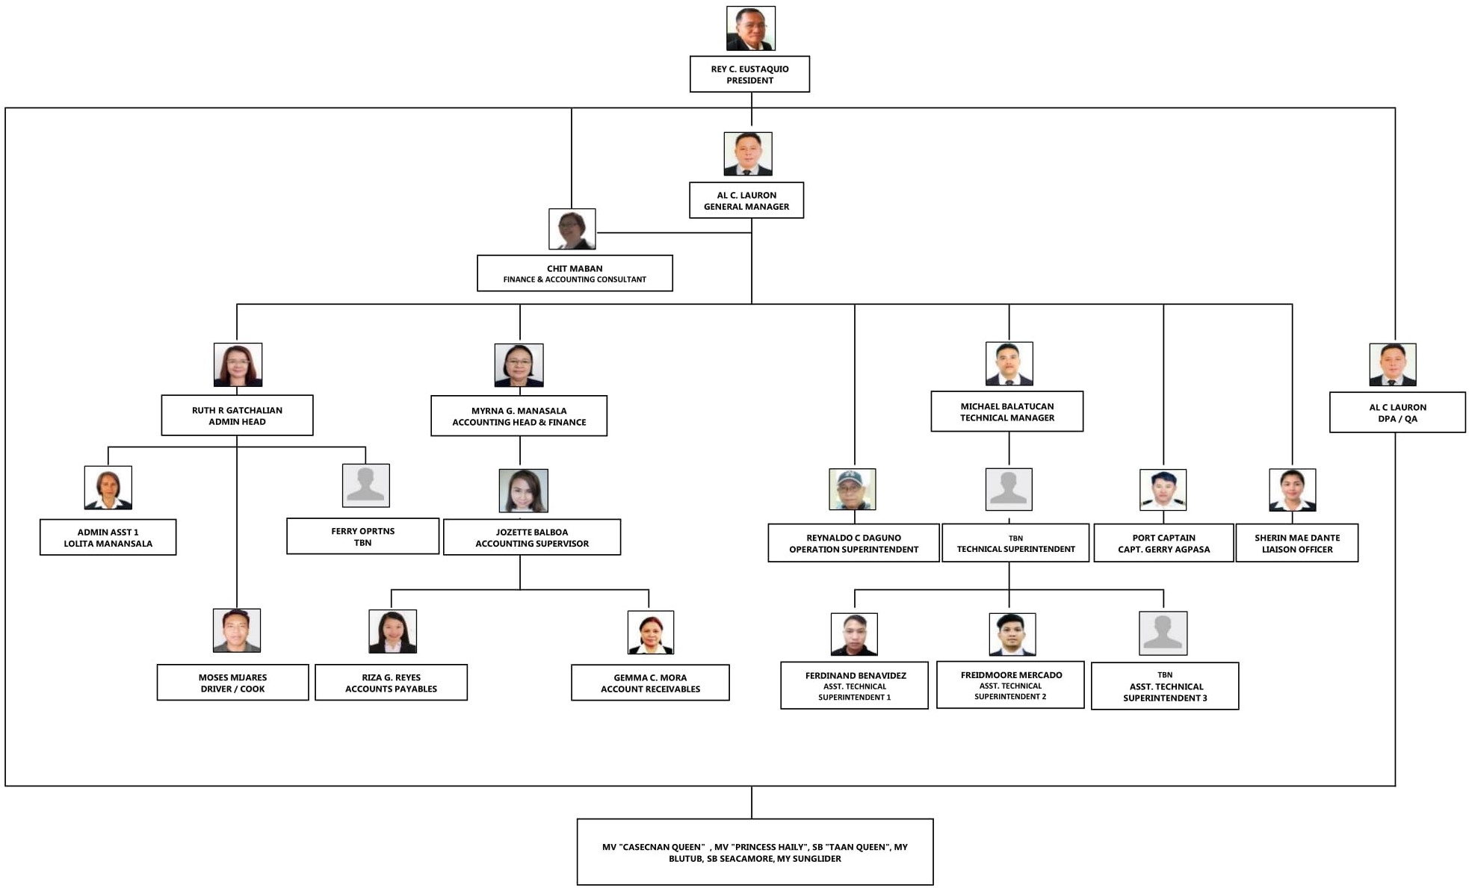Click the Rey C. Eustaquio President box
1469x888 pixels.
[749, 74]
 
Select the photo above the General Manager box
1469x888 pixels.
[747, 154]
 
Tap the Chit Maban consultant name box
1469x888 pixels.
[575, 273]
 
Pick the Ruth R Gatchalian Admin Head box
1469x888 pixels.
[237, 415]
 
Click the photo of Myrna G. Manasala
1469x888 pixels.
[519, 365]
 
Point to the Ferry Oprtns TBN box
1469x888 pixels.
[362, 536]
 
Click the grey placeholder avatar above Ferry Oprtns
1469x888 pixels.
[365, 485]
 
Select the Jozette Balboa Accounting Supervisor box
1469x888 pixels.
[531, 537]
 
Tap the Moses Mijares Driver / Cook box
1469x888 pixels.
[232, 683]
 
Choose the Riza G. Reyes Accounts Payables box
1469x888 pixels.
[391, 683]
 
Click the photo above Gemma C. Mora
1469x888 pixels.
[650, 633]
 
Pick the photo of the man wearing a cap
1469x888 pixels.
[852, 489]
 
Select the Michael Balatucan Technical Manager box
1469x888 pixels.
[1006, 412]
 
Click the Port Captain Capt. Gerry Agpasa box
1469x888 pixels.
[1163, 543]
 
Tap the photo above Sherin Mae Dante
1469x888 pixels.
[1292, 490]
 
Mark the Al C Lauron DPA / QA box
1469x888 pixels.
[1397, 412]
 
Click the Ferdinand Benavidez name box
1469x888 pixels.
[854, 686]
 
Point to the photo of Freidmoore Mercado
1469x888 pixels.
[1012, 634]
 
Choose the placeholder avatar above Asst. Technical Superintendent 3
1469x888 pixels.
[1163, 633]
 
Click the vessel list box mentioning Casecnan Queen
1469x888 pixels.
[755, 852]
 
